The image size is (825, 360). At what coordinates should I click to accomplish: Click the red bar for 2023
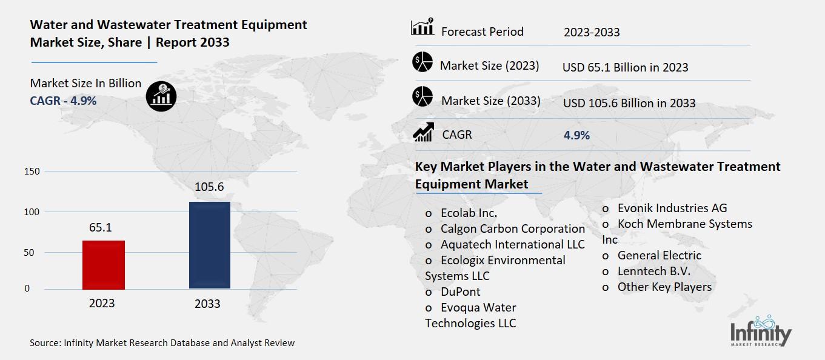[104, 264]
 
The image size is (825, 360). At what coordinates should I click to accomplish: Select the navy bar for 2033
[209, 245]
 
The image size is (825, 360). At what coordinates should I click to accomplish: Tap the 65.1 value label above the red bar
[100, 228]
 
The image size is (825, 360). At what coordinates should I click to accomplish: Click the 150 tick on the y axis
[32, 172]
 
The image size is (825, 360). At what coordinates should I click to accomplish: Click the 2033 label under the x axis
[207, 304]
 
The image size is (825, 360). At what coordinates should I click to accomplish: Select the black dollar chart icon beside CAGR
[161, 97]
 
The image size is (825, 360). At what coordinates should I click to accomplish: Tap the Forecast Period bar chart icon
[422, 28]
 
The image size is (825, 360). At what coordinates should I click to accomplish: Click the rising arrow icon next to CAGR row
[423, 133]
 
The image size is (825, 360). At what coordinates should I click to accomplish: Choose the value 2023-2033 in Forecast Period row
[592, 33]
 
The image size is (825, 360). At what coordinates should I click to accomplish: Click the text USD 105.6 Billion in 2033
[629, 104]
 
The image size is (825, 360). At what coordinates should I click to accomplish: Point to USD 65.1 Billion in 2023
[625, 67]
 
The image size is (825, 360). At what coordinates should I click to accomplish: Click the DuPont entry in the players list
[460, 292]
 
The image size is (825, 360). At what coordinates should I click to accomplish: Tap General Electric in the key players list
[659, 255]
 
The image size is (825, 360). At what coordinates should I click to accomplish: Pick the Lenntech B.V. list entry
[653, 271]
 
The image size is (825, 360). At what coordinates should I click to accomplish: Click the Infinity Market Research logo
[761, 333]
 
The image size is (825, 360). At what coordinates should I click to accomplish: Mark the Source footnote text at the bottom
[162, 343]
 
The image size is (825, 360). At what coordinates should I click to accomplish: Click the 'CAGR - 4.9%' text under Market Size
[63, 101]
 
